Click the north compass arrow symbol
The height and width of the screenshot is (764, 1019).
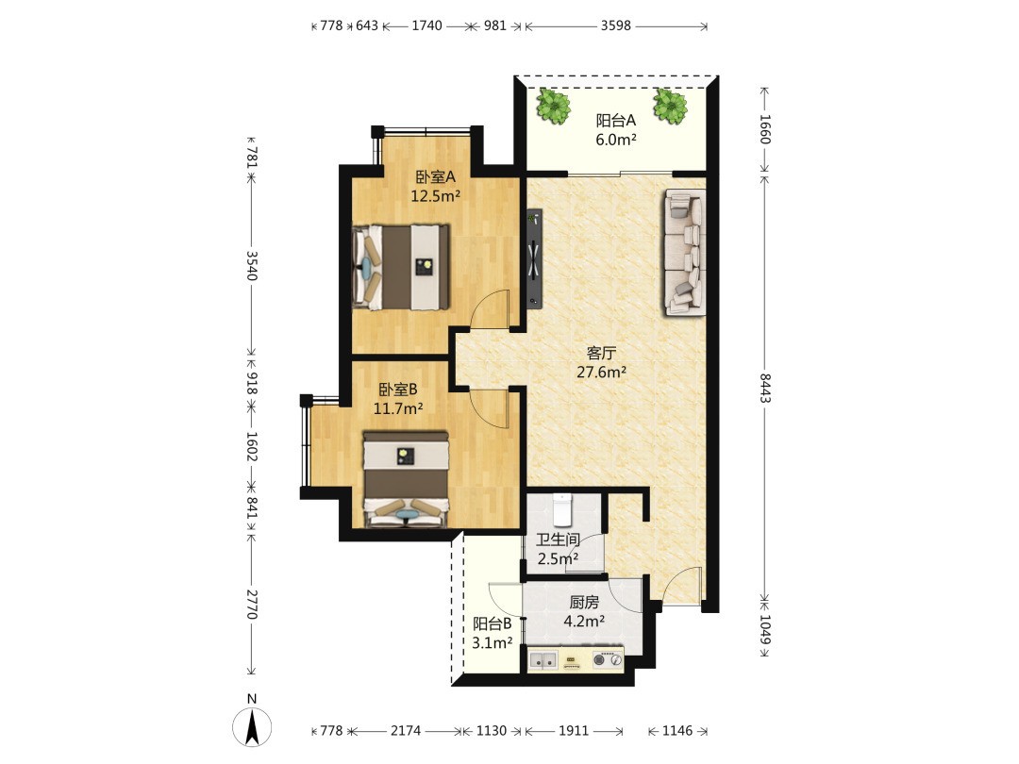pos(252,726)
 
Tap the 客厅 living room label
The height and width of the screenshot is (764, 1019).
pos(601,353)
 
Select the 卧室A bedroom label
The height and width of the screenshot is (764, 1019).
pos(435,176)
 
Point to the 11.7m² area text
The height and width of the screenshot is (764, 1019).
pos(398,408)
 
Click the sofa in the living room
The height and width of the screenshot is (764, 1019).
pos(684,252)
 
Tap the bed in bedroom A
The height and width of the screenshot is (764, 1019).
pos(401,267)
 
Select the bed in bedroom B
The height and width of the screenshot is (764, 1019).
pos(406,479)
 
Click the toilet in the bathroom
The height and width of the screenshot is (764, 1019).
pos(561,509)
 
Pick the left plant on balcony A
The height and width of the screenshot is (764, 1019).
pos(553,106)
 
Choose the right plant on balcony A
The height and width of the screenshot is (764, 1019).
pos(669,106)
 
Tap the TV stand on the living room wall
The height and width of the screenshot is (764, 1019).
pos(534,257)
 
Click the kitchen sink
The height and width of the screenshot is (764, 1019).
pos(543,660)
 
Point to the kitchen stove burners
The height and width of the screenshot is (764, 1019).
pos(608,660)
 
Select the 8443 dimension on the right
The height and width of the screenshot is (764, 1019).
pos(765,388)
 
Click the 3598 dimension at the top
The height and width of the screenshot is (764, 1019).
pos(615,25)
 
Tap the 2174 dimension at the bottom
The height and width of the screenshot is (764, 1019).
pos(406,731)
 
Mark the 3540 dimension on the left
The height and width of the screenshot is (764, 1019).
pos(252,266)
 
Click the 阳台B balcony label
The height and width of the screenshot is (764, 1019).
pos(492,623)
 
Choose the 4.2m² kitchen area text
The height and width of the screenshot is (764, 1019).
pos(584,621)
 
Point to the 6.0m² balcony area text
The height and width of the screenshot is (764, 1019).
pos(616,139)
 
